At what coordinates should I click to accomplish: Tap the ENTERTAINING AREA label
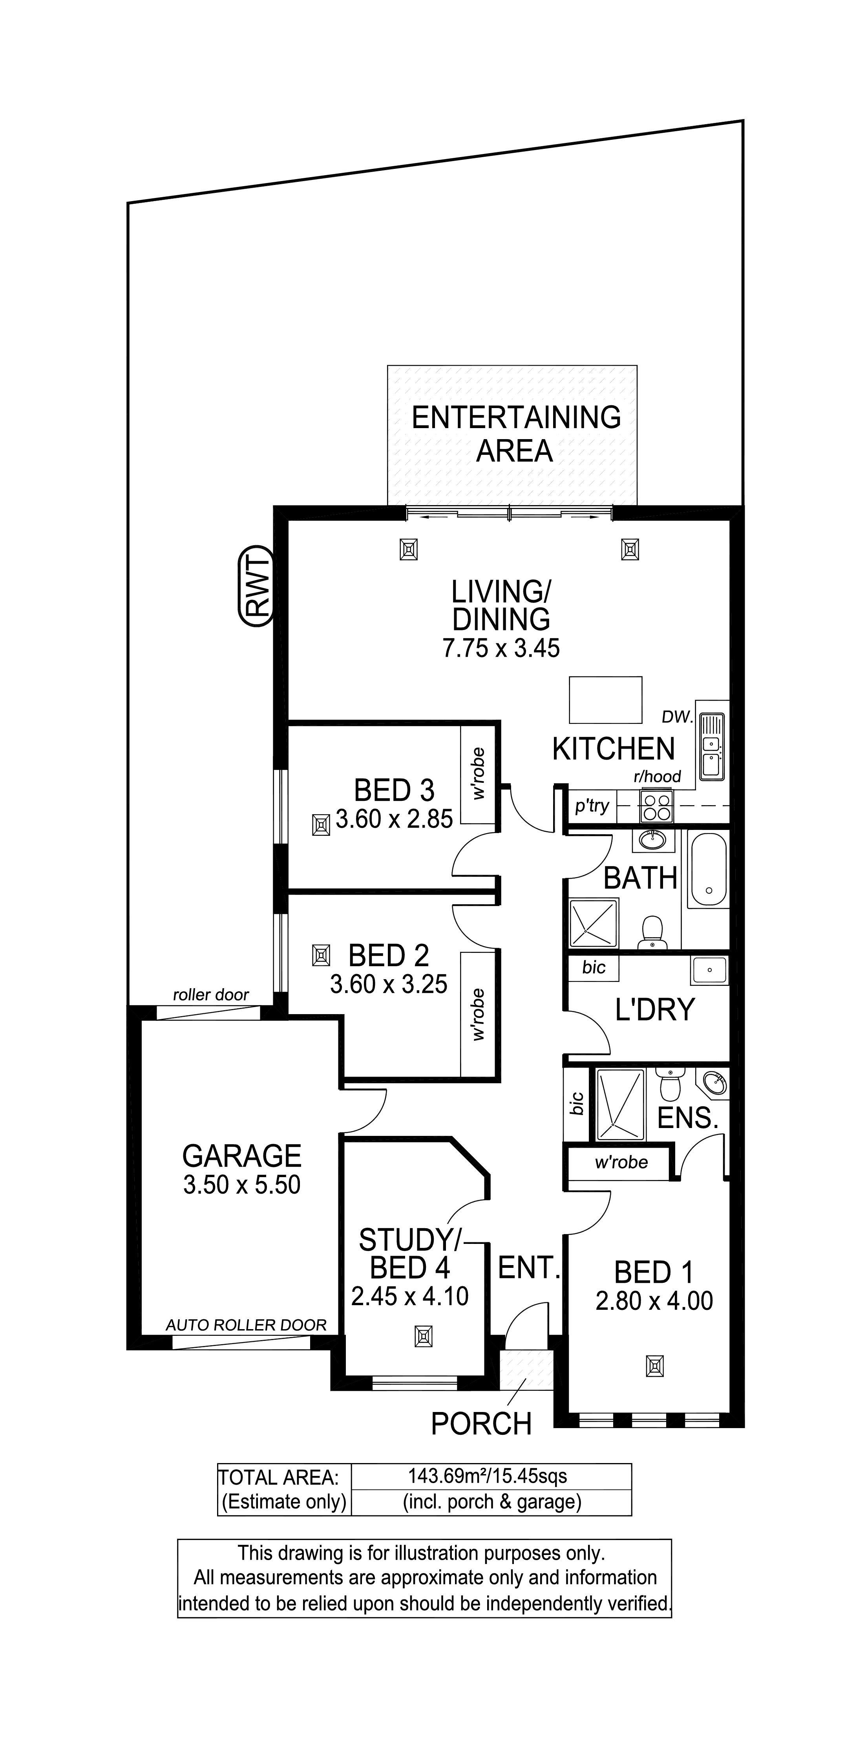516,434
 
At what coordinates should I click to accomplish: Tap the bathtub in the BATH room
708,870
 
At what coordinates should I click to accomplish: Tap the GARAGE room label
241,1156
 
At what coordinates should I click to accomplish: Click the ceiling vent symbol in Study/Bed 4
424,1337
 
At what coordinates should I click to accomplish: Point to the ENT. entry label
529,1268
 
